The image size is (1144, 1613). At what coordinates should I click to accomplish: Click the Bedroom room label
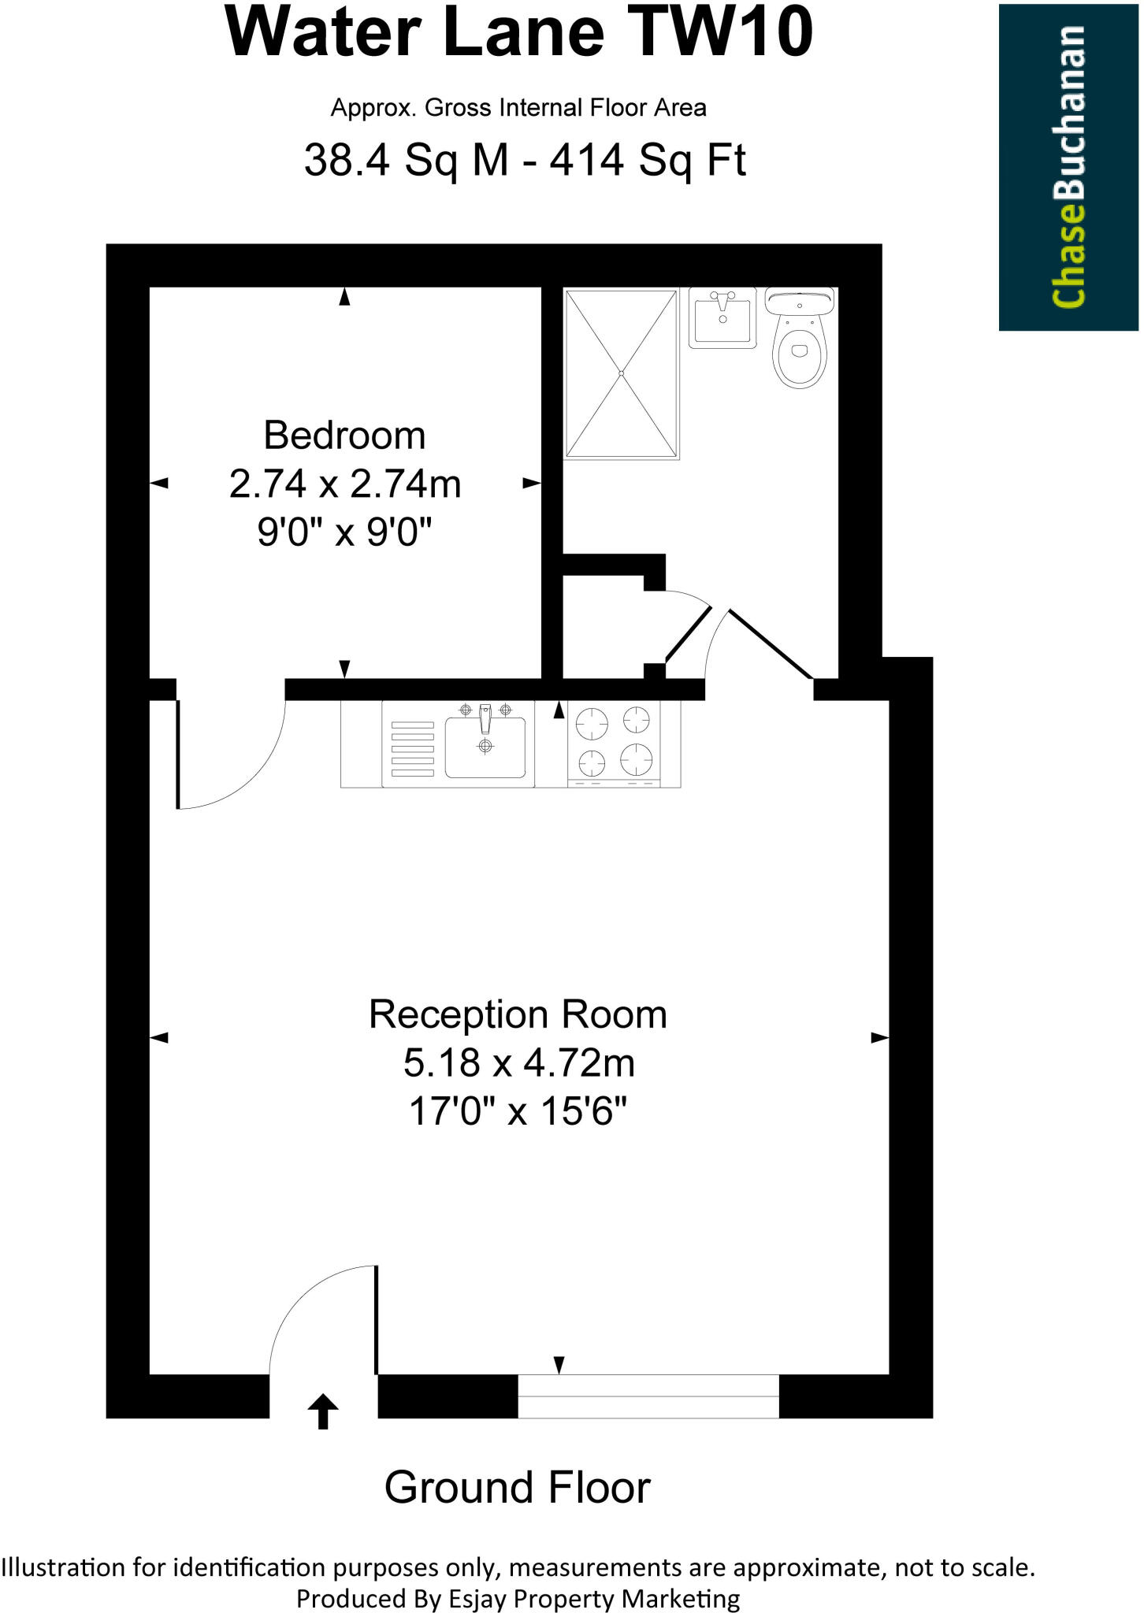coord(344,436)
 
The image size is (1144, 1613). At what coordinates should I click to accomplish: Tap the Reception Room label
coord(518,1014)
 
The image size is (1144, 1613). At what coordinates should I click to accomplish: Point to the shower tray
coord(622,373)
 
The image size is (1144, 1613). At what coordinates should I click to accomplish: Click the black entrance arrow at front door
coord(322,1411)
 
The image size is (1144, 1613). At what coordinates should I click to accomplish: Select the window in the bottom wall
coord(648,1396)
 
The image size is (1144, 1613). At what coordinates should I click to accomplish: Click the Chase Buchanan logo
coord(1069,166)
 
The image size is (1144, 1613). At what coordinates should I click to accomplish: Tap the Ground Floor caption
coord(518,1488)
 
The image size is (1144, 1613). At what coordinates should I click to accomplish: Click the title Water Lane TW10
coord(519,33)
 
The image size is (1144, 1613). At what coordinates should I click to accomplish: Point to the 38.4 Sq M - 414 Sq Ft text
coord(525,161)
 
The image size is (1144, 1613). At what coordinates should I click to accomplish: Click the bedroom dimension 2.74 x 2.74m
coord(345,484)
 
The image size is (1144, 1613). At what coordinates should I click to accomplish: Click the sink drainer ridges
coord(413,748)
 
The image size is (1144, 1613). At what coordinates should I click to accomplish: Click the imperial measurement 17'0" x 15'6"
coord(518,1112)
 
